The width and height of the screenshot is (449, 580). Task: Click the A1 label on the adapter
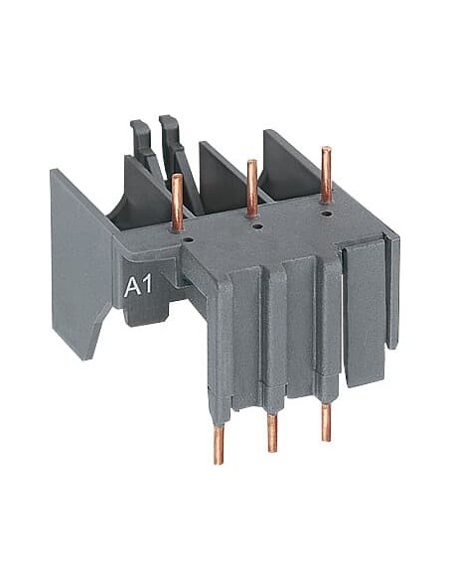coord(138,287)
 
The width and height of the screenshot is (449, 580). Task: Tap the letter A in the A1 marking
coord(132,287)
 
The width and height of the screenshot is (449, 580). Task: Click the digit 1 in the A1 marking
coord(148,286)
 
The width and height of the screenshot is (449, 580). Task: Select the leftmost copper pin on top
coord(178,203)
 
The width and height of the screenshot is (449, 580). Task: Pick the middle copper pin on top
coord(252,187)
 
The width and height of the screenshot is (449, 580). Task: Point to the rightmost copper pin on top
coord(326,175)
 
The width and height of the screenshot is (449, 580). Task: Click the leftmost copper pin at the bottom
coord(219,444)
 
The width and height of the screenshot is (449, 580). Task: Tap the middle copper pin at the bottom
coord(272,433)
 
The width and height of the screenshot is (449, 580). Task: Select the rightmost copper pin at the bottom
coord(326,422)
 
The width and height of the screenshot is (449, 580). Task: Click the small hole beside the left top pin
coord(190,240)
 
